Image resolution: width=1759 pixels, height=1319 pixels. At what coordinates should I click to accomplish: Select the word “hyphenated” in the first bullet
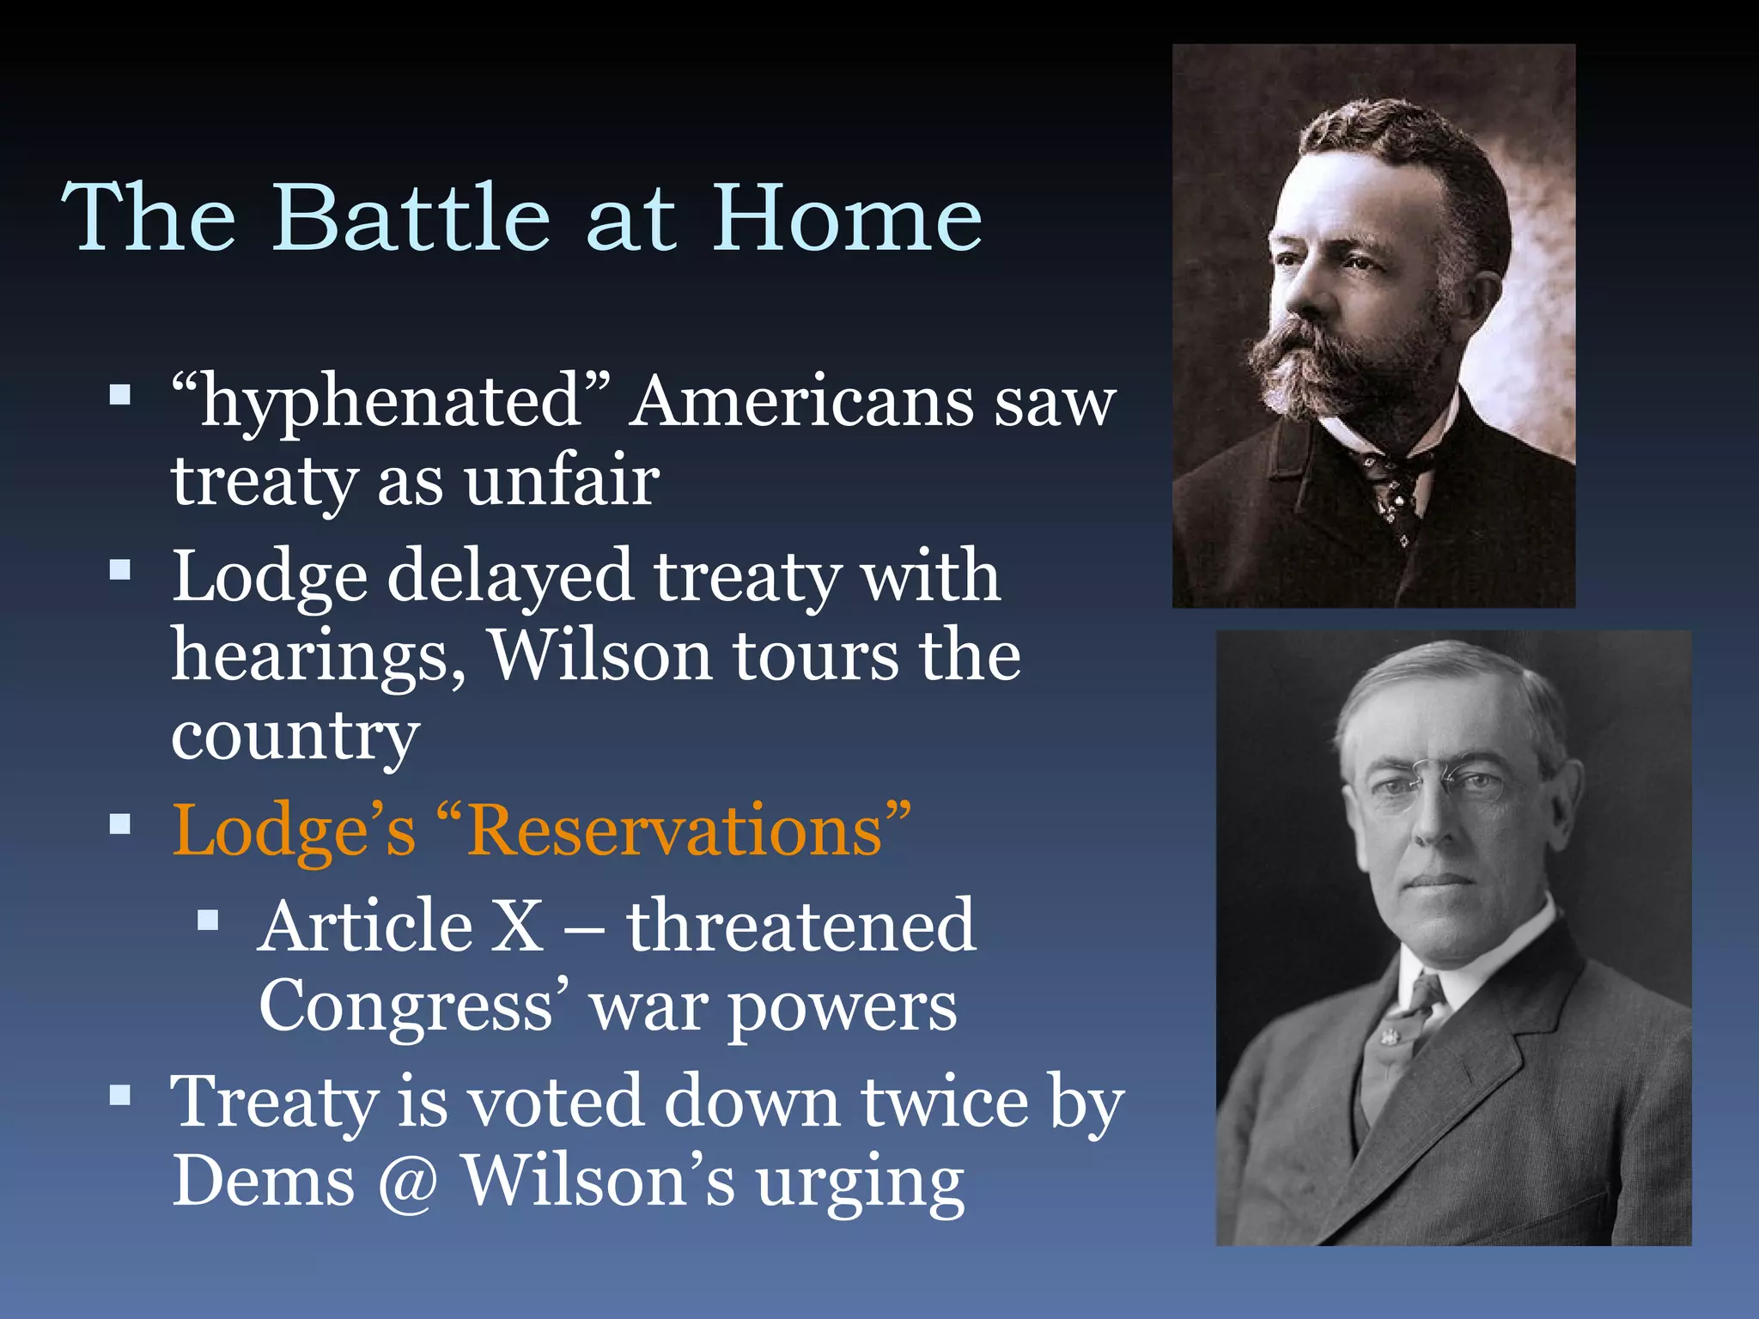tap(391, 400)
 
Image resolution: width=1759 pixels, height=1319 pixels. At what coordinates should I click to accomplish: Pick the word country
tap(295, 737)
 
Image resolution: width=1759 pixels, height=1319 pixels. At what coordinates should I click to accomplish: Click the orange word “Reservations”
tap(688, 831)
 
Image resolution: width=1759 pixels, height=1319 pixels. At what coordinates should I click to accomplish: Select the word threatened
tap(800, 926)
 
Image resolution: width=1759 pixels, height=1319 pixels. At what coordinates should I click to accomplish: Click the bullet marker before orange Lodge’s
tap(120, 825)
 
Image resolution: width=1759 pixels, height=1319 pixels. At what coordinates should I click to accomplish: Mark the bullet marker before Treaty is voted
tap(120, 1095)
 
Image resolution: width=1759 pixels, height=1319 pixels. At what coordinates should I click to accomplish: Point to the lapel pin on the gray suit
tap(1386, 1036)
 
